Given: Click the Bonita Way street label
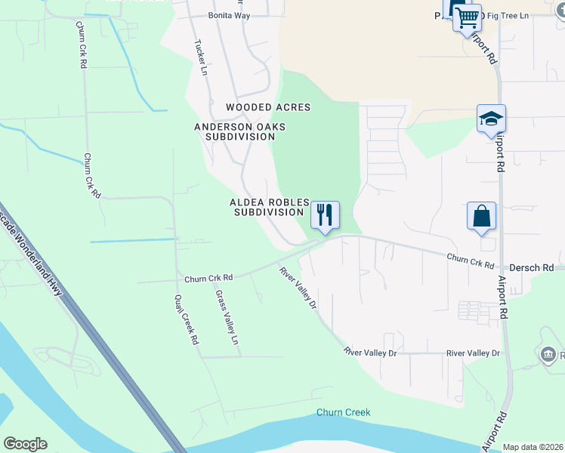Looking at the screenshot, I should tap(229, 15).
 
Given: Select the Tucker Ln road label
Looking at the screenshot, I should tap(201, 57).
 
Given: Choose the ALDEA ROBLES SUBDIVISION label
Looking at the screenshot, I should tap(270, 208).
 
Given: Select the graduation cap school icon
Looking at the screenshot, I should tap(490, 119).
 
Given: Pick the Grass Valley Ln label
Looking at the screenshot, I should tap(227, 318).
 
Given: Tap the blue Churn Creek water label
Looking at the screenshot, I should tap(343, 412).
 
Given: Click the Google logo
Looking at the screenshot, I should tap(25, 444).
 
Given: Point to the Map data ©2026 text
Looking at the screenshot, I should tap(532, 447).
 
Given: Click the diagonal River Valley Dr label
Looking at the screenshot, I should tap(298, 288).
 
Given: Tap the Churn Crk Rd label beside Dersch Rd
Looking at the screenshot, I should tap(470, 261).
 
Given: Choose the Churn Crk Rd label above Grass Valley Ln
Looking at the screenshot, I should tap(202, 277).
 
